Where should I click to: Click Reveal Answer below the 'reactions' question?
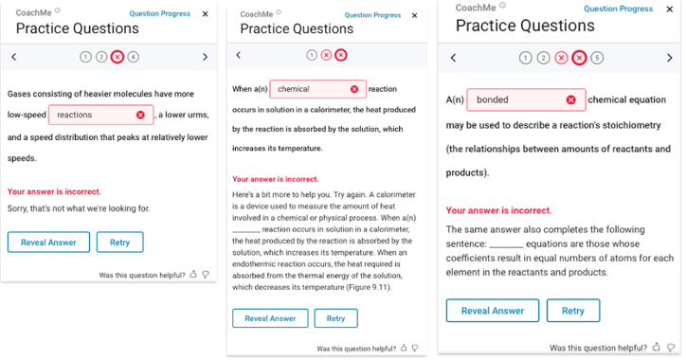click(48, 243)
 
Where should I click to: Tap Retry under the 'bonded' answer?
click(573, 311)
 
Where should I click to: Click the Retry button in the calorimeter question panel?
click(336, 318)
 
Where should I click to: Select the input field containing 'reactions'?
click(101, 115)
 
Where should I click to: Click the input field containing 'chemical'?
click(318, 89)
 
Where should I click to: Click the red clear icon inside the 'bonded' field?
click(571, 99)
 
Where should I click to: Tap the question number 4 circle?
click(133, 57)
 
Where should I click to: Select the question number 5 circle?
click(597, 58)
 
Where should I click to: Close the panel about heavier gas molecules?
click(206, 14)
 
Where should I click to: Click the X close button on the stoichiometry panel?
click(669, 9)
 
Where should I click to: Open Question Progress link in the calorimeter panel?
click(372, 15)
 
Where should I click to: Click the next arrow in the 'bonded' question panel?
click(669, 58)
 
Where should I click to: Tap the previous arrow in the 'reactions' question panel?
click(14, 57)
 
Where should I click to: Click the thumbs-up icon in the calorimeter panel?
click(404, 348)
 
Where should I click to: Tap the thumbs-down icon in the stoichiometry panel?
click(671, 348)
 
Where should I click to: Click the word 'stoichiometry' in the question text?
click(632, 126)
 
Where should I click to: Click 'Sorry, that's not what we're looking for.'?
click(79, 208)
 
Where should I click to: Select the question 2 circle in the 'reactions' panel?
click(101, 57)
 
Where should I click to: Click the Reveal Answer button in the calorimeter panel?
click(270, 318)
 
